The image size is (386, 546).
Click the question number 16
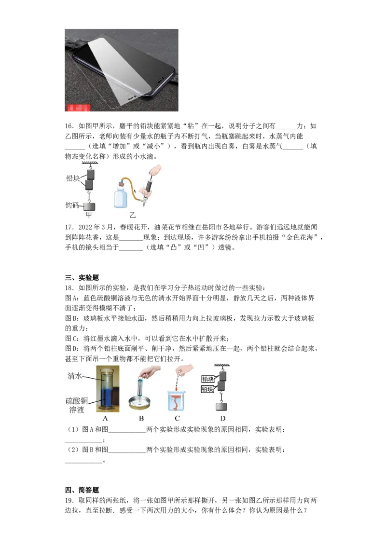(69, 126)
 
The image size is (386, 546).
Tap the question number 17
(69, 227)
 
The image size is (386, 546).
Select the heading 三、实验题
(82, 277)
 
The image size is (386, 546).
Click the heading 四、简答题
(82, 490)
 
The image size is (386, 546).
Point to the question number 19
(69, 500)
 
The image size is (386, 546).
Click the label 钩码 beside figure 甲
(72, 205)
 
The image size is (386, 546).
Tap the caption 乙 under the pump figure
(132, 215)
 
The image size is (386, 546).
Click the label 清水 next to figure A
(75, 376)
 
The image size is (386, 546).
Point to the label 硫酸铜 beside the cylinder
(77, 400)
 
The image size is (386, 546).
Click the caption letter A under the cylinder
(106, 418)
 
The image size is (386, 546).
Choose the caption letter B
(141, 418)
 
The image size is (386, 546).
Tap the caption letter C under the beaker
(178, 418)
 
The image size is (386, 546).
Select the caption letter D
(222, 418)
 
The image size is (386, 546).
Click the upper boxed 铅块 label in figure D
(207, 379)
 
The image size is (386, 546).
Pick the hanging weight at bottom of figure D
(221, 406)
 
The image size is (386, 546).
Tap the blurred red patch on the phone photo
(78, 107)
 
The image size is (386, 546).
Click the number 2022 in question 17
(85, 227)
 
